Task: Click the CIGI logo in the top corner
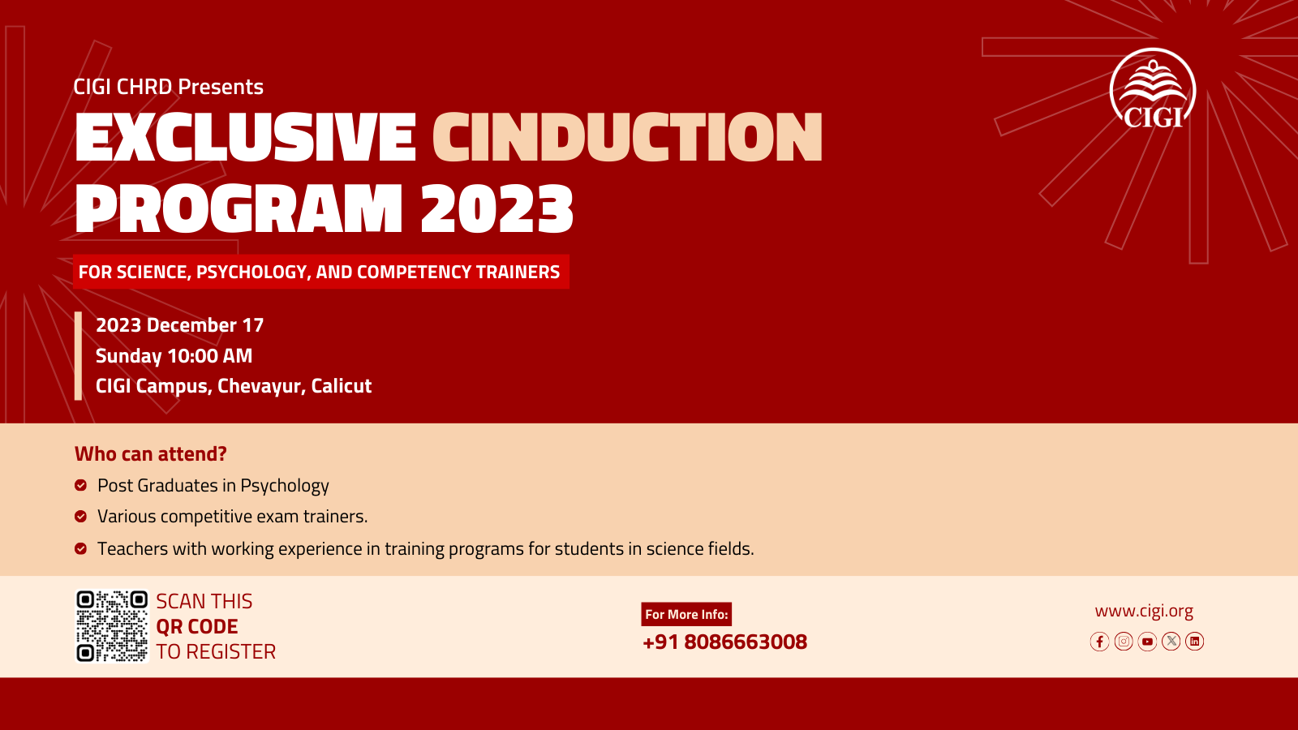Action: tap(1153, 88)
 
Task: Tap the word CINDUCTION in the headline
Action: tap(628, 137)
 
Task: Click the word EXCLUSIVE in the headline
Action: tap(245, 137)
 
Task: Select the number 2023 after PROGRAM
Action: tap(496, 208)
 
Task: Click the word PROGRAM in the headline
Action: tap(239, 208)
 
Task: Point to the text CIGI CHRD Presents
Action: tap(168, 87)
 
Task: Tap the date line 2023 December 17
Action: tap(179, 325)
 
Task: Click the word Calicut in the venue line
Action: tap(342, 386)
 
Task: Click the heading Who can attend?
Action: tap(151, 453)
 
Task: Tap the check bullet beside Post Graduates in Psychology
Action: tap(80, 486)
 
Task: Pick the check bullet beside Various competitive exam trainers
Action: tap(80, 516)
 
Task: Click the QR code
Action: tap(113, 626)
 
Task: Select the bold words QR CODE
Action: tap(197, 627)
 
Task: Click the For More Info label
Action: tap(686, 614)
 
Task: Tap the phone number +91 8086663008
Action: tap(725, 642)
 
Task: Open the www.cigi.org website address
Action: tap(1144, 611)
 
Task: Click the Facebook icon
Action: tap(1099, 642)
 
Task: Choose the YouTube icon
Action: tap(1147, 642)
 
